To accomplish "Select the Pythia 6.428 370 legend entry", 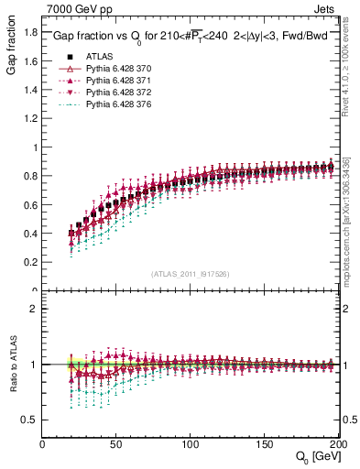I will pos(115,69).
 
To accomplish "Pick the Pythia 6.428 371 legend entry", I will pos(115,82).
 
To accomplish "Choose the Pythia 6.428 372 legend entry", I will pos(115,94).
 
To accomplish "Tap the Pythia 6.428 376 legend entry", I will pos(115,107).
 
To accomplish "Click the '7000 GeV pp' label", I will pos(73,8).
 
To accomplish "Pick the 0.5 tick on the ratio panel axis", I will pos(30,420).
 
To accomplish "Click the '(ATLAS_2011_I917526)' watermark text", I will pos(191,274).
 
